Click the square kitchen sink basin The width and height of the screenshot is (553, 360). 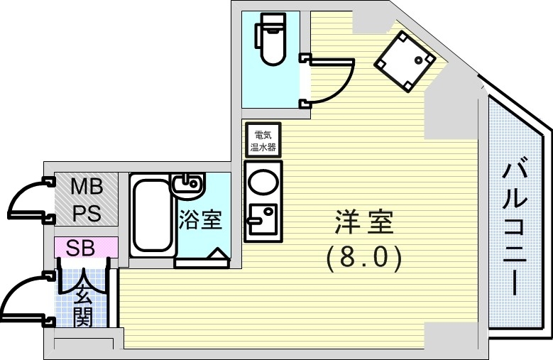[262, 216]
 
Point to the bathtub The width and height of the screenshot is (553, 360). [151, 214]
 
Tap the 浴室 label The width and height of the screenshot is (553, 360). [200, 221]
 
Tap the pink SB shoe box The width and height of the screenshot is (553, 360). [86, 248]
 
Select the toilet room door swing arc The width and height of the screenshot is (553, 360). [334, 80]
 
